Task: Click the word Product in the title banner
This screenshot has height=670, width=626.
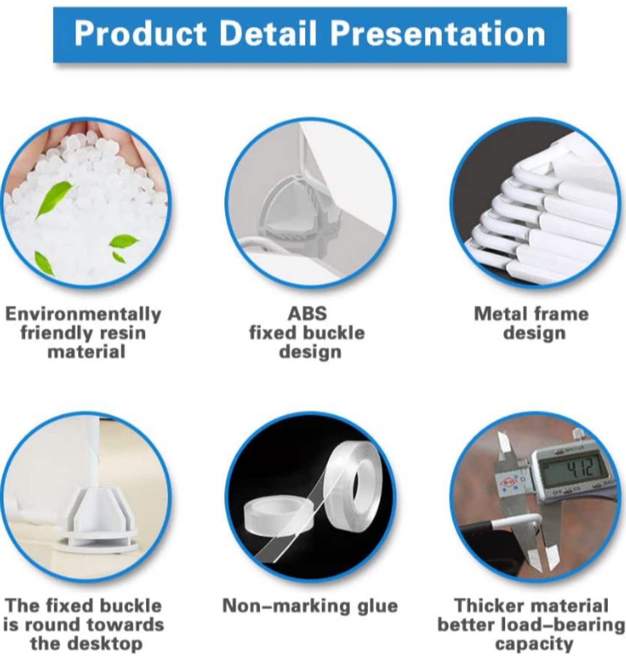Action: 140,34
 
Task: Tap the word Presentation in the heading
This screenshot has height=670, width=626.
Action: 438,34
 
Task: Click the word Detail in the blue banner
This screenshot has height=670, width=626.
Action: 268,34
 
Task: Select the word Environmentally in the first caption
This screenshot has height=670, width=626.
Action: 83,314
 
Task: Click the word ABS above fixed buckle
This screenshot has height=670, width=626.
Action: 307,314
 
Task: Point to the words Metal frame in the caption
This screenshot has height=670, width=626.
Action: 531,314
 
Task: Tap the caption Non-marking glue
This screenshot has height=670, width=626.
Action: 310,606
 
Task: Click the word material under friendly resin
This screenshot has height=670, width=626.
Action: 86,351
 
